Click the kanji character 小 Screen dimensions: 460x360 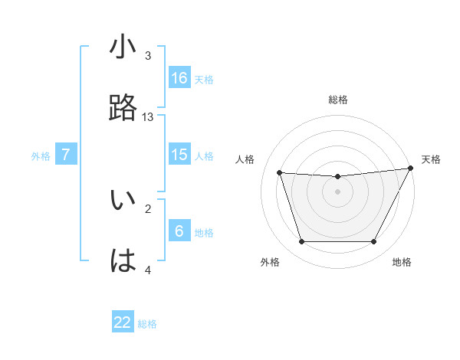pyautogui.click(x=123, y=47)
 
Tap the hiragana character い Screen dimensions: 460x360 pyautogui.click(x=123, y=201)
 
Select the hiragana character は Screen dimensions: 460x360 pyautogui.click(x=123, y=261)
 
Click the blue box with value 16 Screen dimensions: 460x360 pyautogui.click(x=179, y=77)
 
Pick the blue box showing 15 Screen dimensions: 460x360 pyautogui.click(x=179, y=155)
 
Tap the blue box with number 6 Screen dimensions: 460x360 pyautogui.click(x=179, y=231)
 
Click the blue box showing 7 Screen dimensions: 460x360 pyautogui.click(x=66, y=155)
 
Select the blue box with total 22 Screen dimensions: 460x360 pyautogui.click(x=123, y=322)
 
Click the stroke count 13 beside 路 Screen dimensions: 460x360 pyautogui.click(x=148, y=116)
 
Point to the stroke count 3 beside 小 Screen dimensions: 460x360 pyautogui.click(x=148, y=55)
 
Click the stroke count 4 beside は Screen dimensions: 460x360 pyautogui.click(x=148, y=270)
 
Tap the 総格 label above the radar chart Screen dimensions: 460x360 pyautogui.click(x=338, y=100)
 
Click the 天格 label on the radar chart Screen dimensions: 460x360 pyautogui.click(x=431, y=159)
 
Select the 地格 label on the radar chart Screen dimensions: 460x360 pyautogui.click(x=402, y=262)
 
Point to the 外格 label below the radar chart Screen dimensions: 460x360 pyautogui.click(x=270, y=262)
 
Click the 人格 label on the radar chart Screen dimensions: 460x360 pyautogui.click(x=245, y=159)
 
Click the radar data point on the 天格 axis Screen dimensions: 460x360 pyautogui.click(x=411, y=169)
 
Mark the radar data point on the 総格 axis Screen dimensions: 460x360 pyautogui.click(x=337, y=177)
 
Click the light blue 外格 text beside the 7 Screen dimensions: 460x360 pyautogui.click(x=41, y=155)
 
